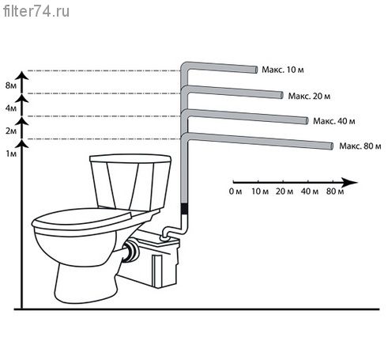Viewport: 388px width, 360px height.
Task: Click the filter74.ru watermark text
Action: point(36,12)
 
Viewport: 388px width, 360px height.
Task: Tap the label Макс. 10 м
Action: point(283,70)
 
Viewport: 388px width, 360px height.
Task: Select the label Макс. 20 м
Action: point(309,96)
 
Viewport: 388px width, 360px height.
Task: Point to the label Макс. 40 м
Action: point(334,121)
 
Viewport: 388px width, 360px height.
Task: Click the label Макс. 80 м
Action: point(360,146)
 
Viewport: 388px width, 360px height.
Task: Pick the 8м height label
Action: point(11,85)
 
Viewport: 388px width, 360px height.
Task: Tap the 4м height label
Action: point(11,108)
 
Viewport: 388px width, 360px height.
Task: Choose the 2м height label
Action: point(11,131)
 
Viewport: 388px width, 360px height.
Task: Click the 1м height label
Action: point(11,153)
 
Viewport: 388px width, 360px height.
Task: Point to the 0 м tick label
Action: point(235,191)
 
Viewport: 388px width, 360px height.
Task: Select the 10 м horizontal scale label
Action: point(260,191)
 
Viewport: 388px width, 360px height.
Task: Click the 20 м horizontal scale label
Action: point(284,191)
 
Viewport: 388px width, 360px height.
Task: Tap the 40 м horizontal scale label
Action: point(310,191)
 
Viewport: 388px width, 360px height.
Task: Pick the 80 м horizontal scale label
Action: point(335,191)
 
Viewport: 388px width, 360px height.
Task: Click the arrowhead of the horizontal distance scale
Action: point(350,182)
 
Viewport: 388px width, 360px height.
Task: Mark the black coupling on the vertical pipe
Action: point(185,209)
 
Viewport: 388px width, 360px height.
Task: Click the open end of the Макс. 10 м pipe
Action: point(256,70)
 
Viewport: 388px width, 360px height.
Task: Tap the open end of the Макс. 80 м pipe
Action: point(332,146)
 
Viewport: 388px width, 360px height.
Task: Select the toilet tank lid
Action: point(130,158)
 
